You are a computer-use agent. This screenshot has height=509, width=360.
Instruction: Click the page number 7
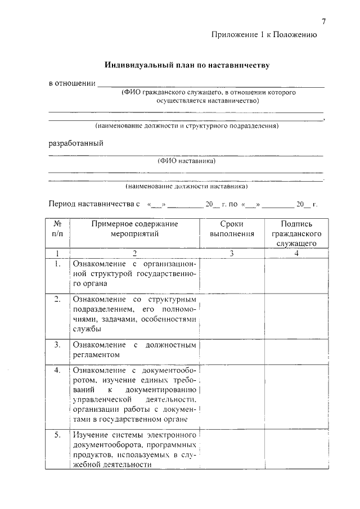324,21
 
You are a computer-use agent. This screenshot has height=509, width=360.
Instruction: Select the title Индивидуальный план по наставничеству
187,66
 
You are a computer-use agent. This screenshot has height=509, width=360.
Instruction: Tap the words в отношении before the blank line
71,84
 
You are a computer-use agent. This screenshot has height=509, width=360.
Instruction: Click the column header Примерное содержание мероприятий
134,229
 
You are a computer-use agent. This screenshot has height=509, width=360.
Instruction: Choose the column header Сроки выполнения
232,229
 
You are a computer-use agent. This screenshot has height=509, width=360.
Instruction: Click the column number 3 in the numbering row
232,253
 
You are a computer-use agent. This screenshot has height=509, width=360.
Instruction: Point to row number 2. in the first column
57,299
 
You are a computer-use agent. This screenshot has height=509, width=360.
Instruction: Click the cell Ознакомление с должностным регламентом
134,349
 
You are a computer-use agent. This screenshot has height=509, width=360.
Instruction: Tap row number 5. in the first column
57,435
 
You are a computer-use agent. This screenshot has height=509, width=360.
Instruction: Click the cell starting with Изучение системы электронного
134,450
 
